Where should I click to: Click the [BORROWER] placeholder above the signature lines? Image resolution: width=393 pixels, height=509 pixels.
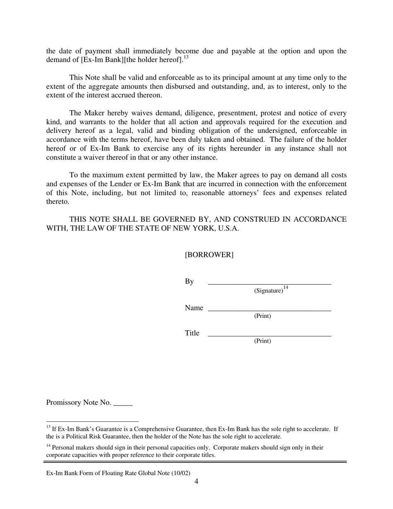pos(209,255)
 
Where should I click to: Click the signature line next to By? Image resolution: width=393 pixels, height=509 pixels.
pos(269,283)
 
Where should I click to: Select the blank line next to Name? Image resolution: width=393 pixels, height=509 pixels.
pos(269,309)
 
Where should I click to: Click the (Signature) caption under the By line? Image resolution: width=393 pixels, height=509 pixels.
pos(268,291)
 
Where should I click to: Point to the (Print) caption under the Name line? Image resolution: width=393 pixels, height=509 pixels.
pos(262,316)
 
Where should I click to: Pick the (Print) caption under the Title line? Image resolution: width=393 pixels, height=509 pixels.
pos(262,341)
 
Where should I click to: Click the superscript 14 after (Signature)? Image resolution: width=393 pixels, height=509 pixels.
pos(286,288)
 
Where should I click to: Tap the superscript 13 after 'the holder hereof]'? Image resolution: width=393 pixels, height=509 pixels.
pos(186,58)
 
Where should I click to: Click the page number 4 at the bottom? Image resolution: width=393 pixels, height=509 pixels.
pos(196,481)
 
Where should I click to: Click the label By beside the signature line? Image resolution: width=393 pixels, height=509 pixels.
pos(189,282)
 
